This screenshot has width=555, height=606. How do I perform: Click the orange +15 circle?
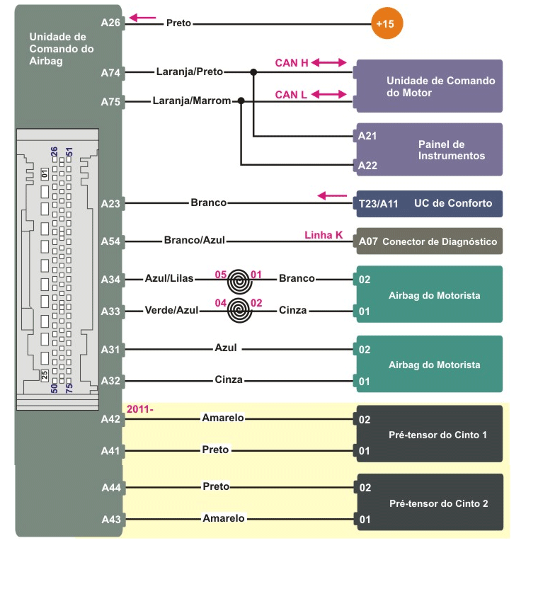click(x=385, y=24)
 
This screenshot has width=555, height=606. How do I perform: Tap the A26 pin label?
click(x=111, y=23)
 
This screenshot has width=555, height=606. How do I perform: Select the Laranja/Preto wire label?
click(x=189, y=72)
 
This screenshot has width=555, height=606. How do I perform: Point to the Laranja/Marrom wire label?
click(x=191, y=101)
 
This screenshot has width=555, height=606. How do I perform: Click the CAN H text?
click(x=292, y=63)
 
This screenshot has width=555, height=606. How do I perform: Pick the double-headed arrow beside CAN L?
click(x=328, y=94)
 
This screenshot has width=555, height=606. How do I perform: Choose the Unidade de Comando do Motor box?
click(x=430, y=86)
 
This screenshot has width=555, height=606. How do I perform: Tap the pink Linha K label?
click(x=324, y=234)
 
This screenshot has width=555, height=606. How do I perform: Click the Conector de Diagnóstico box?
click(x=430, y=241)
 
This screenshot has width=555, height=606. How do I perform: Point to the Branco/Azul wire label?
click(x=194, y=240)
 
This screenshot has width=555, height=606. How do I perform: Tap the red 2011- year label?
click(x=139, y=409)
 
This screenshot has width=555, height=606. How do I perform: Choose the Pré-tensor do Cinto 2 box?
click(x=430, y=503)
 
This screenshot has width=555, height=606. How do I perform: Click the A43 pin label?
click(x=111, y=519)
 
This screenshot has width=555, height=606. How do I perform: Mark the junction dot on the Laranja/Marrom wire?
click(x=241, y=101)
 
